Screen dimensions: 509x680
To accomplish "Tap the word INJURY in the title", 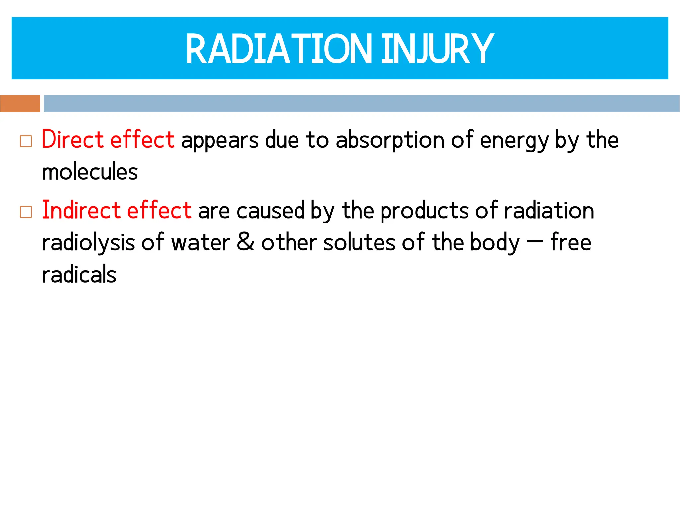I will pos(437,49).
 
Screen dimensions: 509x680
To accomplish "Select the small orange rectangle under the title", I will pos(20,103).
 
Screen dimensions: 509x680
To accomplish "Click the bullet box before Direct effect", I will pos(26,141).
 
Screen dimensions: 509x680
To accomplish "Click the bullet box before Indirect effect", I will pos(26,212).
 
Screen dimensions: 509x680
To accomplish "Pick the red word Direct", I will pos(73,139).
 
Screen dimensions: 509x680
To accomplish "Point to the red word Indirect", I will pos(81,210).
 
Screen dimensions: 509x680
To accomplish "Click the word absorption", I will pos(390,140).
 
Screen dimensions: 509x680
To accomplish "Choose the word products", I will pos(424,211).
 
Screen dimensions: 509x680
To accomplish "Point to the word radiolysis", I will pos(88,243).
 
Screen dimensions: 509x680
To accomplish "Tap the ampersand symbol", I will pos(246,242).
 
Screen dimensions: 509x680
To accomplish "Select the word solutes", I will pos(359,242).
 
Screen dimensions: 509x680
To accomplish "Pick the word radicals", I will pos(79,275).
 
